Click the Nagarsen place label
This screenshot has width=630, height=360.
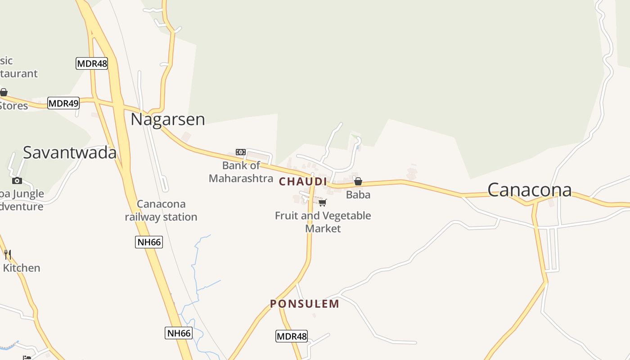(167, 119)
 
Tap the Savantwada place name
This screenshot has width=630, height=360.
(70, 153)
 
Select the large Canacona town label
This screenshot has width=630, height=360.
(530, 189)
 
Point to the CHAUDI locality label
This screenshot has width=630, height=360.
(303, 181)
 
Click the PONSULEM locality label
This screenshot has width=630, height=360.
(305, 304)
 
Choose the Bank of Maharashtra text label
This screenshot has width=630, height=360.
(241, 172)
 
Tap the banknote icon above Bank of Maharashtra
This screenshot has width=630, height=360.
(241, 152)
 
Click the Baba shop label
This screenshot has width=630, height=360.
(358, 195)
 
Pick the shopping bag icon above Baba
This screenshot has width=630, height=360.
(358, 181)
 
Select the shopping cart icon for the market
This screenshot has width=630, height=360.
(323, 202)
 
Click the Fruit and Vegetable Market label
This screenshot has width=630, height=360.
(323, 222)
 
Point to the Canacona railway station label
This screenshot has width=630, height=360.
(161, 211)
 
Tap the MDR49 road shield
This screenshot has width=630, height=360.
(63, 103)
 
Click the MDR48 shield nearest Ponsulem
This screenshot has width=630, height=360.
(292, 336)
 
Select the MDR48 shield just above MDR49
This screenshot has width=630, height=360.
(92, 63)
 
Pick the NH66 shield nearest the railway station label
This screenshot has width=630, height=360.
(149, 242)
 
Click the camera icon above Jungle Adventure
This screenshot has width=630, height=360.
(17, 180)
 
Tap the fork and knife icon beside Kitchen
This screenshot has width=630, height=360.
(7, 255)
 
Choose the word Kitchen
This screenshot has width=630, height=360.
(22, 268)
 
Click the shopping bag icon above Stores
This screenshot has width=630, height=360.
(4, 92)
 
